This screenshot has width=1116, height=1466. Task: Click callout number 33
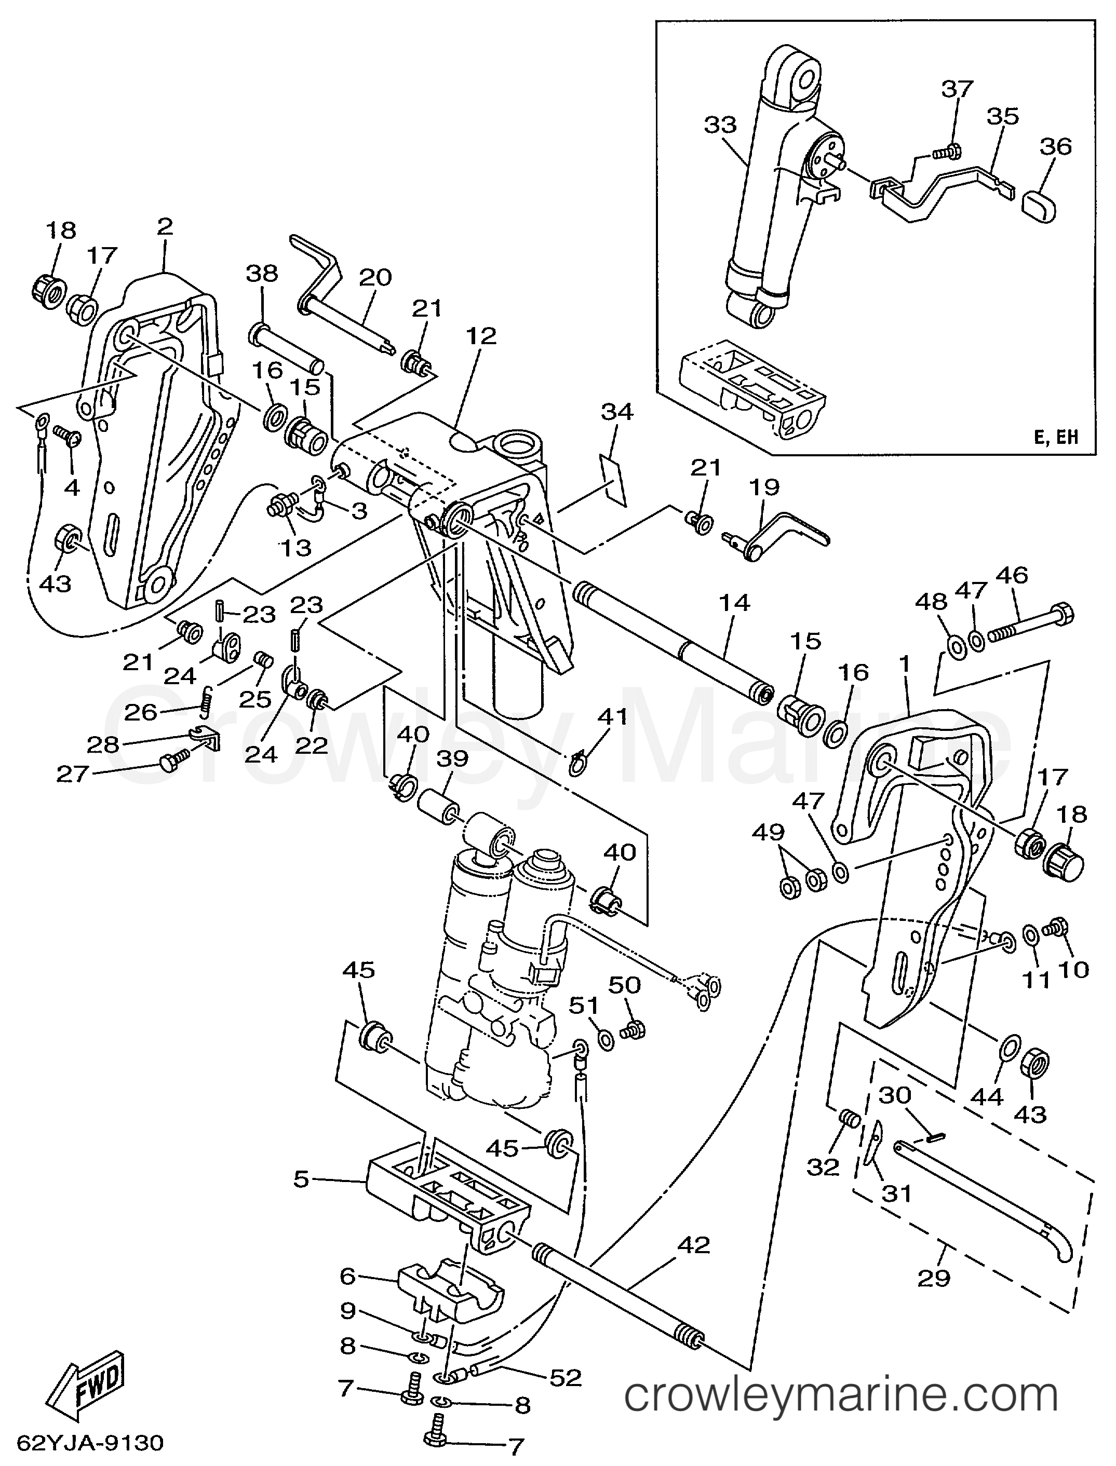pyautogui.click(x=721, y=124)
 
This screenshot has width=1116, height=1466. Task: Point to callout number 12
pyautogui.click(x=481, y=335)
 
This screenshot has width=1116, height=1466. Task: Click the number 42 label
pyautogui.click(x=693, y=1245)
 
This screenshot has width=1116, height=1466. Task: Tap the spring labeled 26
pyautogui.click(x=207, y=700)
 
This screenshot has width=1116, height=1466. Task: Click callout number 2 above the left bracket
pyautogui.click(x=165, y=227)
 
